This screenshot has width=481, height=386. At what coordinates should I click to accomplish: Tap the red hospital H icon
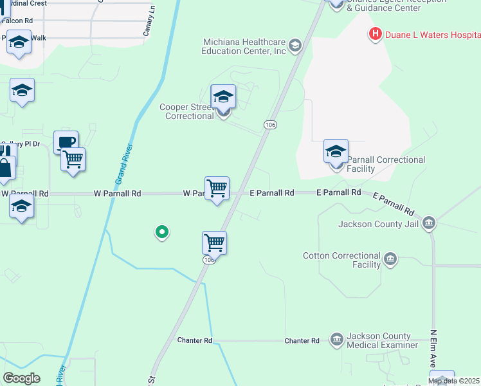375,34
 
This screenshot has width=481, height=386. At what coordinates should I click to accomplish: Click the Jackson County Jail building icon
429,223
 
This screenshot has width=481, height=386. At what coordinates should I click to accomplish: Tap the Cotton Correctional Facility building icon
390,259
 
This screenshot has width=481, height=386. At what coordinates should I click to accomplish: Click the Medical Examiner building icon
336,339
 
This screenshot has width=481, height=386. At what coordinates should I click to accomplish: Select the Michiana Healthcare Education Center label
244,46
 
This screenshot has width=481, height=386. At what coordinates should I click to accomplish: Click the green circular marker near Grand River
163,232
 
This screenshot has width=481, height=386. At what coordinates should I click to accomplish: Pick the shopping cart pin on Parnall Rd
217,188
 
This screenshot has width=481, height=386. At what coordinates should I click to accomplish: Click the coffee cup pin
66,142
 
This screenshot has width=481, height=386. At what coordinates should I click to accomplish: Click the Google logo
21,378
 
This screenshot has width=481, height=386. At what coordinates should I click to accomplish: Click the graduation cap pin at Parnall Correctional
336,151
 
